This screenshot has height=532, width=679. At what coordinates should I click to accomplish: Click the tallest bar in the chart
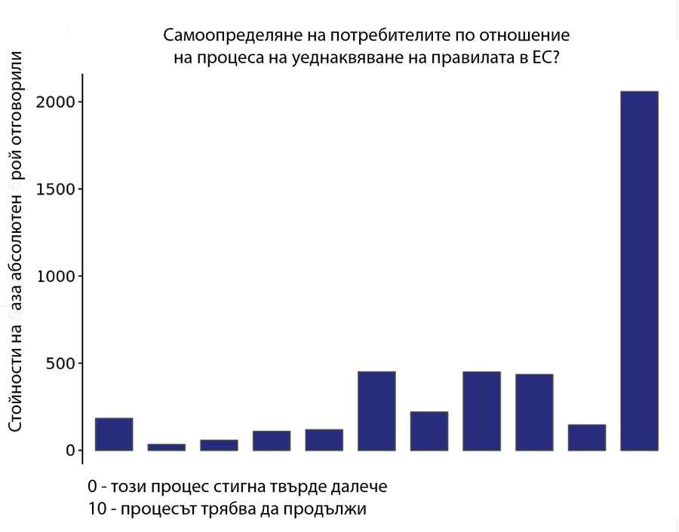(x=639, y=271)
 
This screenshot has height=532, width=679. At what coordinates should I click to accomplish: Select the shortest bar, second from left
(x=167, y=447)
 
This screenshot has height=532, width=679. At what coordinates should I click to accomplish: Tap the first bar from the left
(x=114, y=434)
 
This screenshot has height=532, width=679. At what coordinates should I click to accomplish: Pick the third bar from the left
(x=219, y=445)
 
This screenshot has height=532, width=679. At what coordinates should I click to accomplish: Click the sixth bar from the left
(x=376, y=411)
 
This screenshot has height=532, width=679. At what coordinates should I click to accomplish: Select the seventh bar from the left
(x=429, y=431)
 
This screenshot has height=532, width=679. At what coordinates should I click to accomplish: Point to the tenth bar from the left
(x=587, y=438)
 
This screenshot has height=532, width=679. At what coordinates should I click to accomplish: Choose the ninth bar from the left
(x=534, y=412)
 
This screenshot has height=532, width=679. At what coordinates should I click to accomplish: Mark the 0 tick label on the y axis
(x=69, y=451)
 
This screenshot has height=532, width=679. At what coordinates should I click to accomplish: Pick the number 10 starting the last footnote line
(x=97, y=509)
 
